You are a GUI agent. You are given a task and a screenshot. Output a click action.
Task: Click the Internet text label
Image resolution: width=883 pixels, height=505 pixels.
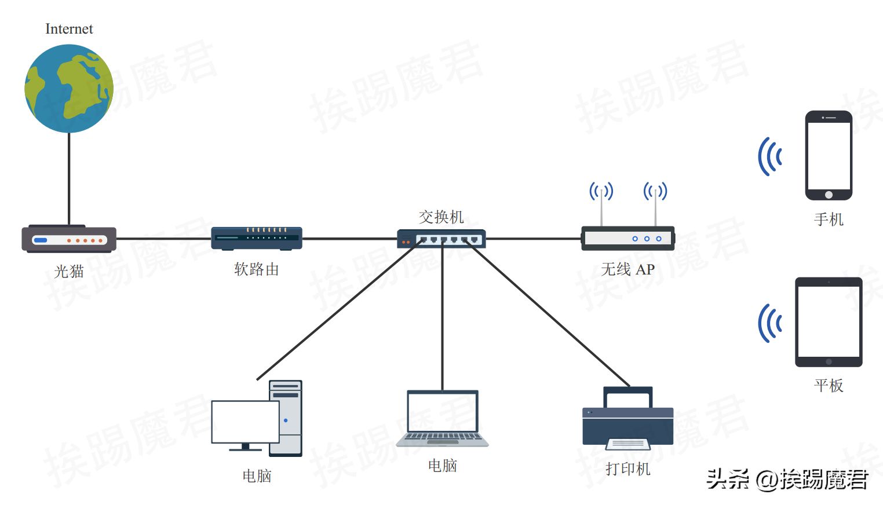pos(69,29)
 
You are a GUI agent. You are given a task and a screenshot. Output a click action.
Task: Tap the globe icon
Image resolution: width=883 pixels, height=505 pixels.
pos(69,89)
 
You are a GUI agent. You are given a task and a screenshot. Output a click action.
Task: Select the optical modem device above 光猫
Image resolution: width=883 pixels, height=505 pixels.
pos(69,239)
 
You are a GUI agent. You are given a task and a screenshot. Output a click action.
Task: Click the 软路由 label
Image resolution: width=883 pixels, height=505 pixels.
pos(256,269)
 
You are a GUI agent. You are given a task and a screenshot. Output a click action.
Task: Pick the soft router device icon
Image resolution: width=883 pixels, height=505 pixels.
pos(257,239)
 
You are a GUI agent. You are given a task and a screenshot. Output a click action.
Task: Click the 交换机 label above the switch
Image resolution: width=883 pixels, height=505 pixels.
pos(441,217)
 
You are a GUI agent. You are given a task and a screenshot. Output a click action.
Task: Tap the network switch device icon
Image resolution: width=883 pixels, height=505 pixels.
pos(441,239)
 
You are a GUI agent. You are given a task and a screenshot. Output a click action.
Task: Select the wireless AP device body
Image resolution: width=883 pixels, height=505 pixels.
pos(628,239)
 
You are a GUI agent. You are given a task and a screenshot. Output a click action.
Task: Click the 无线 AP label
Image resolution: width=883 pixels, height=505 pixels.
pos(627,269)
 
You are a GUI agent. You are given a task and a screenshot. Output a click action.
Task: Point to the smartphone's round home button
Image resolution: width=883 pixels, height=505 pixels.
pos(829,195)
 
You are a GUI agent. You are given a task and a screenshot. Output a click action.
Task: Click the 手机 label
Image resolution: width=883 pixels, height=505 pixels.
pos(829,219)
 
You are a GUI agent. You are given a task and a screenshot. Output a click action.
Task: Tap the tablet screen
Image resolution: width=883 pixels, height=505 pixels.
pos(829,321)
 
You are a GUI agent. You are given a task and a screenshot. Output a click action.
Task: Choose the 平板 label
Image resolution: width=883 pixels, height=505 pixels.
pos(829,385)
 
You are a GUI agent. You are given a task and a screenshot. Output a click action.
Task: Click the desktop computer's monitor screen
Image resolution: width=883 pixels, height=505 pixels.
pos(245,422)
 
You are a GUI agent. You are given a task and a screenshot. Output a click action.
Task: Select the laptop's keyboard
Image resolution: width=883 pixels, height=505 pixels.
pos(442,437)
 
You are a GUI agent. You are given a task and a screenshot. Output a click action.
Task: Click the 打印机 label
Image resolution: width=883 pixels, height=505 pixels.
pos(627,469)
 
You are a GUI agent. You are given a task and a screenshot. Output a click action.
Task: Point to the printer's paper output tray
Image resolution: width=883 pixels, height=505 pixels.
pos(627,444)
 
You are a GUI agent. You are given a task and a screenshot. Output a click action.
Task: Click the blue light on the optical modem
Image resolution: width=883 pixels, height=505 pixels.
pos(41,240)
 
